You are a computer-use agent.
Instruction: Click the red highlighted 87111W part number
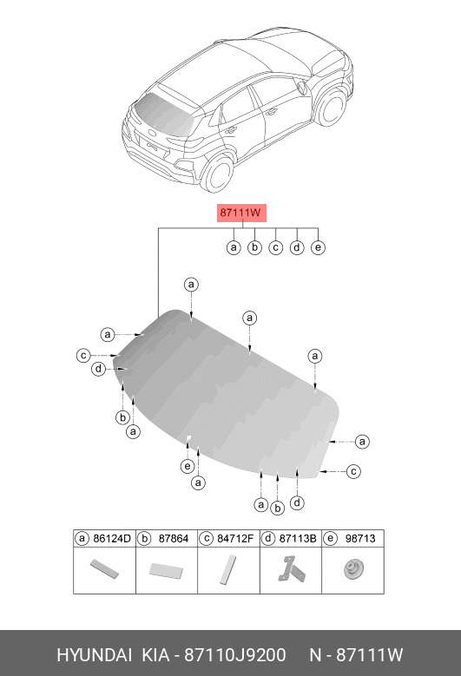tap(241, 213)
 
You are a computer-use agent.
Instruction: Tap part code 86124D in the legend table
tap(112, 539)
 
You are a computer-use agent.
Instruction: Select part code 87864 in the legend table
tap(174, 539)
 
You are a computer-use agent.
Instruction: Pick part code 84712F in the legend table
tap(235, 539)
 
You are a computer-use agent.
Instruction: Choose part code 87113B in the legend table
tap(298, 539)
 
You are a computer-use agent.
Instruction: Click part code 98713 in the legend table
tap(360, 539)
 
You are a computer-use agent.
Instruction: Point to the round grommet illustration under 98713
tap(353, 569)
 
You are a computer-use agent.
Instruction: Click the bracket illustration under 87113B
tap(292, 569)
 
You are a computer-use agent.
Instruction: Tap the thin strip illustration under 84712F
tap(228, 569)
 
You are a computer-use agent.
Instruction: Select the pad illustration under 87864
tap(166, 570)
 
